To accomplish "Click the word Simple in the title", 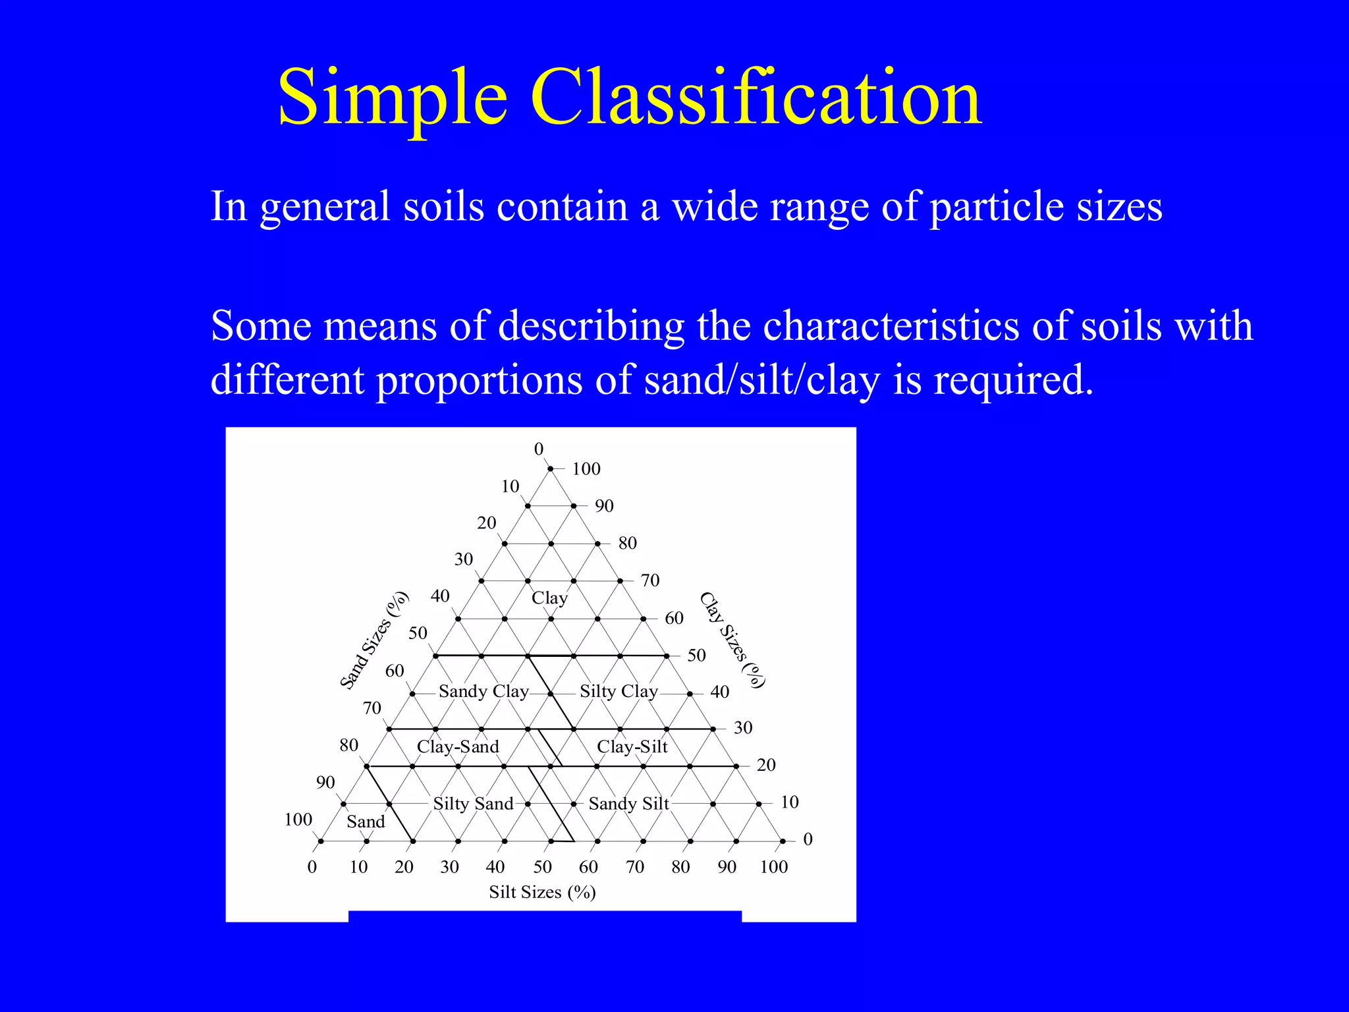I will [x=393, y=98].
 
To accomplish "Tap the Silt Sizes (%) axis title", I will [x=542, y=892].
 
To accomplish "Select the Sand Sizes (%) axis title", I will [x=374, y=641].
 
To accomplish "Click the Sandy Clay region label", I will [x=483, y=691].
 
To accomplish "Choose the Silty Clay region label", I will [x=619, y=691].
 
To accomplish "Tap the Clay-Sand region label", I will [x=458, y=746].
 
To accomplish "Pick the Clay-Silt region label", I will [x=632, y=746].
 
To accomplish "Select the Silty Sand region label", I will [x=473, y=804].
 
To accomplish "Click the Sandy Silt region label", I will [x=628, y=804].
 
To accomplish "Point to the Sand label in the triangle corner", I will [x=366, y=822].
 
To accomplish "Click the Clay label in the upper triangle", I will [x=549, y=598].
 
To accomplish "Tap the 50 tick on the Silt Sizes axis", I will [x=542, y=866].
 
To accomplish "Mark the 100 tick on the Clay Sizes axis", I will [x=586, y=469].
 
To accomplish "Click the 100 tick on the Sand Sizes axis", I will [x=298, y=820].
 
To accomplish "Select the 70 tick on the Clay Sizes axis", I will [x=650, y=580].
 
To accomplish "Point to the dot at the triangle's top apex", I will [x=551, y=468].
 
